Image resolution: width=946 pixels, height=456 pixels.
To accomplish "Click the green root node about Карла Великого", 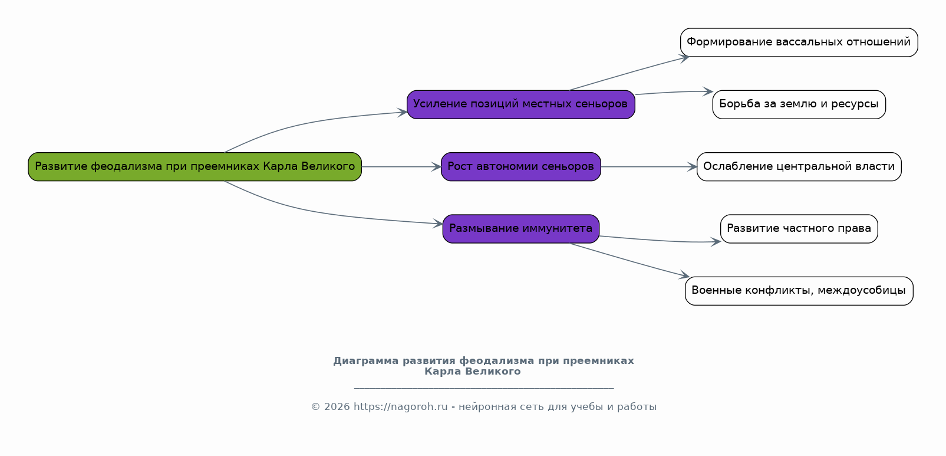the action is [195, 166].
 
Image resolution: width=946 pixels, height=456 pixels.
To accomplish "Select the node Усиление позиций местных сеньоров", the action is [520, 104].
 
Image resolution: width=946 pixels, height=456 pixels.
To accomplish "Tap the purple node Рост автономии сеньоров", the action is [520, 166].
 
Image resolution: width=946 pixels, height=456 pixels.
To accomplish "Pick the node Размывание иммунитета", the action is [520, 229].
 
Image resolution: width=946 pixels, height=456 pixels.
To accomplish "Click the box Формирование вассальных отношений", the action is [799, 42].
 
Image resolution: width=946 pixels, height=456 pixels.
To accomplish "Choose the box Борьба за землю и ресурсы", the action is [799, 104].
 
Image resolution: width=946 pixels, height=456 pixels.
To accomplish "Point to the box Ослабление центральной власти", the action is [799, 166].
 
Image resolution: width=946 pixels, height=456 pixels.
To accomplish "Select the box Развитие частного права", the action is [799, 229].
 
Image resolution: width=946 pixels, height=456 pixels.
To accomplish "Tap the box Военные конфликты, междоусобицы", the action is [799, 291].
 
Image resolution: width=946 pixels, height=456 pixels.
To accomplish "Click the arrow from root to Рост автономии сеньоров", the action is [401, 166].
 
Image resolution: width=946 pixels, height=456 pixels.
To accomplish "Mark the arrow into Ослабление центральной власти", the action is [649, 166].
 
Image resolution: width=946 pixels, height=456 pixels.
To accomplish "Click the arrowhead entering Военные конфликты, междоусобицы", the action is [684, 275].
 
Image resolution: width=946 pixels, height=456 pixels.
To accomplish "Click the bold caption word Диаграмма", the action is [366, 360].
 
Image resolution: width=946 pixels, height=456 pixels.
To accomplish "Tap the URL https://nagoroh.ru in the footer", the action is [400, 406].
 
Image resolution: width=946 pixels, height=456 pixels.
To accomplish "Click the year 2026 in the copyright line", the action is [337, 406].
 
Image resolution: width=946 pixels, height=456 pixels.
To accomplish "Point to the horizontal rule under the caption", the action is [483, 388].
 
